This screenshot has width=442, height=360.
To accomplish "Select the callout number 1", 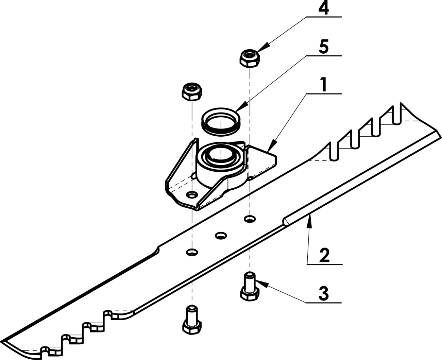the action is click(x=324, y=85).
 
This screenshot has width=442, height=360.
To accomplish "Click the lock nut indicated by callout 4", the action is click(x=250, y=58).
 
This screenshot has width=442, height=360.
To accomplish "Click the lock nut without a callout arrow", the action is click(x=192, y=92).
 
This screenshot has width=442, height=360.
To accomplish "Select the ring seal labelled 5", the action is click(x=221, y=121).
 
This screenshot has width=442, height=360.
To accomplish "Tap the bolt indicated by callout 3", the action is click(x=250, y=286).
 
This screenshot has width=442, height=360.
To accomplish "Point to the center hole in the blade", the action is click(x=221, y=235).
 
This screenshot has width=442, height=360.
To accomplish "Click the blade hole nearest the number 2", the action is click(x=250, y=219).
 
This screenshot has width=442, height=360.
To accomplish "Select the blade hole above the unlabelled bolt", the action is click(x=192, y=252).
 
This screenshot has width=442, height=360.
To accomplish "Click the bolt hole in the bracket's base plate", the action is click(x=192, y=195).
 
